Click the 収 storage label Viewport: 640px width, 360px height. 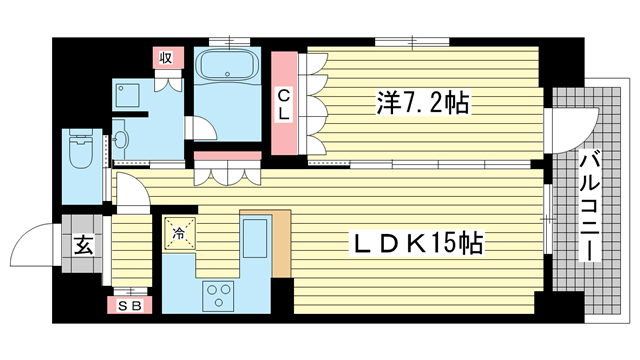(166, 58)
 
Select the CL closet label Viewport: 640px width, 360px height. (284, 104)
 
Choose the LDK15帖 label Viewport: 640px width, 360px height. (418, 243)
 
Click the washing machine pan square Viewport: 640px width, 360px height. (130, 94)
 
